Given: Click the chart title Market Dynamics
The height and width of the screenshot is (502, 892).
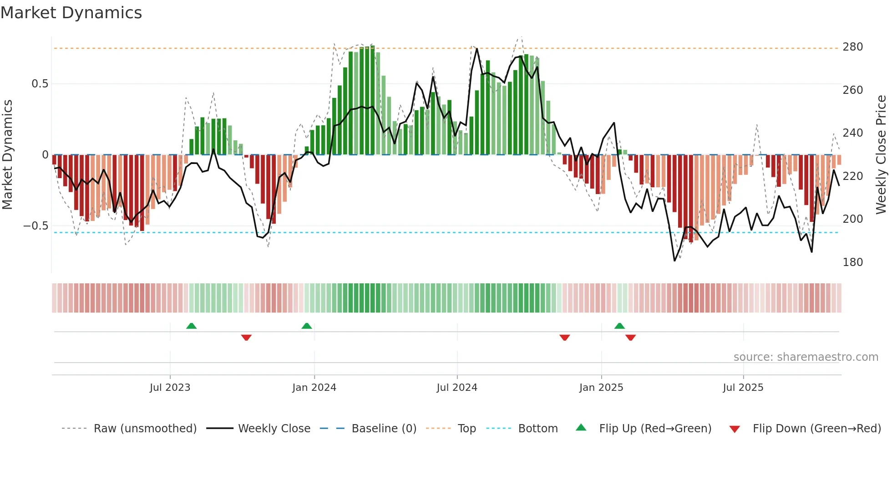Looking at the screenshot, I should click(71, 13).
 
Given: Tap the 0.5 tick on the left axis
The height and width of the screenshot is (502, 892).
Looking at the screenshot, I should click(40, 84).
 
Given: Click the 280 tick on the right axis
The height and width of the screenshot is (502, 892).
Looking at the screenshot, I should click(852, 47).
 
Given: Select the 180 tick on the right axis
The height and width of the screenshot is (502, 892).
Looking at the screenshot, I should click(852, 262).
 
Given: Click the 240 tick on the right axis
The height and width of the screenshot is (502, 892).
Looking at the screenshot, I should click(852, 133).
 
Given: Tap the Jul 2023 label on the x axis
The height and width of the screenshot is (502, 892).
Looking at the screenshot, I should click(170, 388).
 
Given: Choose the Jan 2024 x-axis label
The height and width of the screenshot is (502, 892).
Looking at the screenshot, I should click(314, 388).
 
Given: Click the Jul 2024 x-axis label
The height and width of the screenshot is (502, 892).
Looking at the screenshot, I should click(457, 388).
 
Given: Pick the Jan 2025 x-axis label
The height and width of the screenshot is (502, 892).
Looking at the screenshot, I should click(601, 388).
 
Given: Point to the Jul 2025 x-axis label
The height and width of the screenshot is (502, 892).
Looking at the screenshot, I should click(743, 388).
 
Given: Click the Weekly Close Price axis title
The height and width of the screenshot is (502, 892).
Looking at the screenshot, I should click(881, 155).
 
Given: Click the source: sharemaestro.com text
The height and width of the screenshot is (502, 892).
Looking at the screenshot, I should click(806, 357).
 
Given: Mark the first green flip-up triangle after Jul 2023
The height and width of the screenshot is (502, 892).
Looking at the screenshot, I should click(191, 326).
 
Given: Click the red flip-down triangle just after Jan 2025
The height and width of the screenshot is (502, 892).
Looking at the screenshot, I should click(630, 338).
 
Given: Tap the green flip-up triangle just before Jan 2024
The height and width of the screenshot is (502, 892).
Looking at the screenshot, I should click(307, 326).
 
